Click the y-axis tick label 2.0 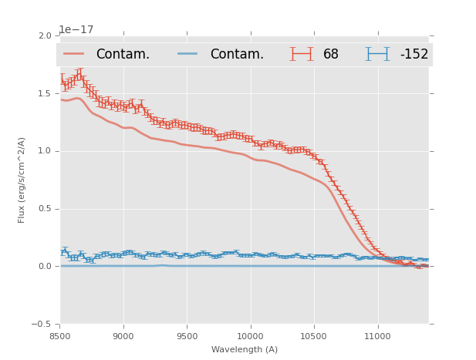[45, 35]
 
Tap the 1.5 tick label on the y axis [45, 93]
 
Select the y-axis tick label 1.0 [45, 151]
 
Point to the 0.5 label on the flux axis [45, 209]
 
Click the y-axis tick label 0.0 [45, 267]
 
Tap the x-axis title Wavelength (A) [244, 349]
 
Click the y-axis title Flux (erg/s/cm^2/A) [22, 180]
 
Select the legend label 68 [331, 55]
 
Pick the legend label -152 [414, 55]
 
